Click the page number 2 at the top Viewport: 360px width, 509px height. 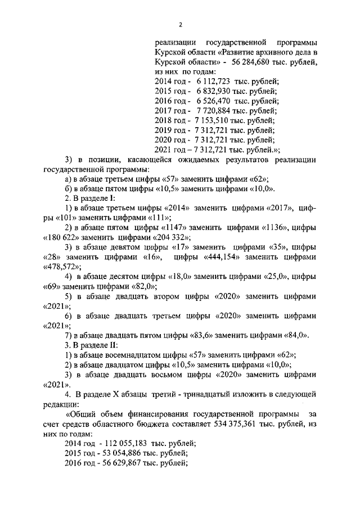click(181, 25)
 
